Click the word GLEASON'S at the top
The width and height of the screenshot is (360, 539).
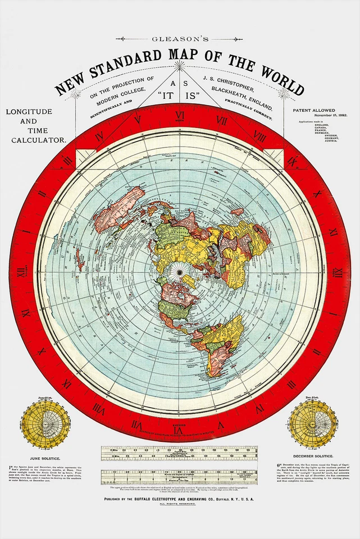(180, 39)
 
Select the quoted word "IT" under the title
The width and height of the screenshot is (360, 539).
(167, 95)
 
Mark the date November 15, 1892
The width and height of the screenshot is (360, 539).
(321, 116)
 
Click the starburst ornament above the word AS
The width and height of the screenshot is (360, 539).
(180, 66)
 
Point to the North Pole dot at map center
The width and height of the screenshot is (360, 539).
(180, 273)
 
